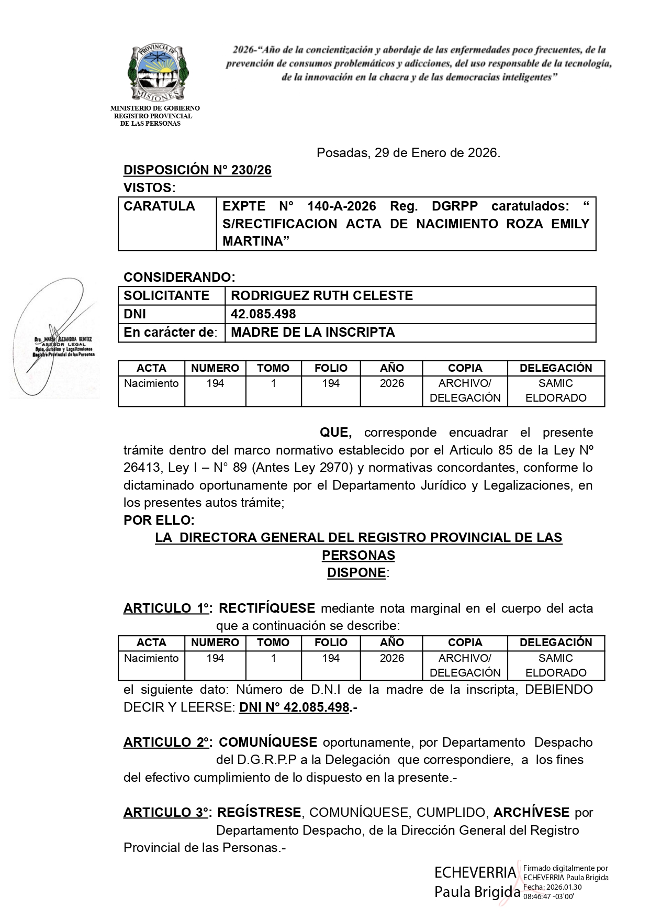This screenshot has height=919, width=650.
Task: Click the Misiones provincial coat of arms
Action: pos(158,73)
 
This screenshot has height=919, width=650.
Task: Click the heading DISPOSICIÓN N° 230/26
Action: pos(197,170)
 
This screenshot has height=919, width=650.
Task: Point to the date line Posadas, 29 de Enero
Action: pos(408,153)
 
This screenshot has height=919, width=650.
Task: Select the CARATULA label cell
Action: pos(159,206)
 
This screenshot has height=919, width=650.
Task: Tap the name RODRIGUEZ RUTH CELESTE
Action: pos(322,296)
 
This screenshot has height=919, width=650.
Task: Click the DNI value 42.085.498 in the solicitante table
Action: pos(263,314)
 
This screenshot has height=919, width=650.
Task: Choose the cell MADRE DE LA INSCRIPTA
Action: pos(312,333)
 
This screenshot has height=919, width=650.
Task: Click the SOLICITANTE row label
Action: pos(166,296)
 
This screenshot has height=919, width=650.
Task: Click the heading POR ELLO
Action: pos(159,521)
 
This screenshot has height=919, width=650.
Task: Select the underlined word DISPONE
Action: pos(356,573)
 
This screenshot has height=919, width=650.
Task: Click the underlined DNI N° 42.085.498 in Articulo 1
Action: pos(294,707)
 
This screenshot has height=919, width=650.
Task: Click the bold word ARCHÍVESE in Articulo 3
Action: pos(531,813)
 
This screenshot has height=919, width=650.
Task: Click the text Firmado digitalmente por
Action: pos(565,869)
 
